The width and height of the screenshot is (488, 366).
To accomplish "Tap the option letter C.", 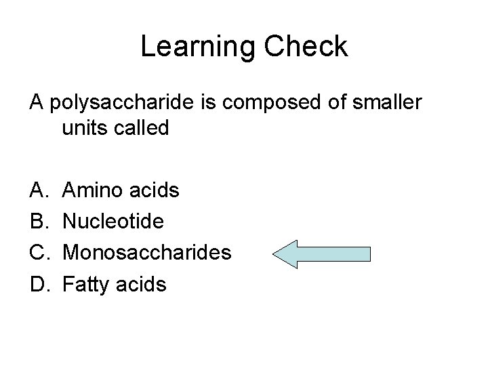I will click(37, 253).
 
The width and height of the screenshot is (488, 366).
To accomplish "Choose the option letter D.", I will click(37, 284).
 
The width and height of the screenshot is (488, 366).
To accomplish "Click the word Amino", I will click(91, 190).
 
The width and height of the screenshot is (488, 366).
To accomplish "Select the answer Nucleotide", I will click(113, 221).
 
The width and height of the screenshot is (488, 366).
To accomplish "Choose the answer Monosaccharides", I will click(146, 253).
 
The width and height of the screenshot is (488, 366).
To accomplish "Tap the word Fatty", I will click(85, 285).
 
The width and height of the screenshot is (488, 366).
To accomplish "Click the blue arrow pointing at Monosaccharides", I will click(322, 254).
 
